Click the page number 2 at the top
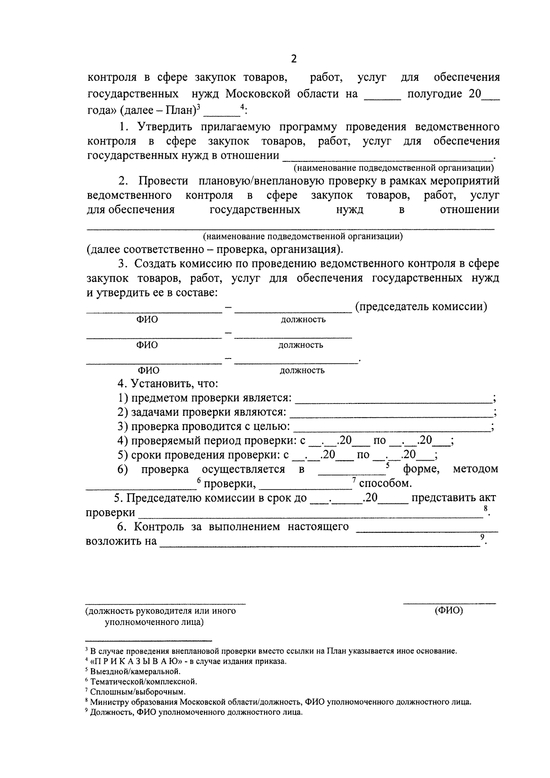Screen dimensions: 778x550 coord(294,59)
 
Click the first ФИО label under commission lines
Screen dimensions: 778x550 coord(147,320)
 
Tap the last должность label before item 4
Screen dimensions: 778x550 coord(302,370)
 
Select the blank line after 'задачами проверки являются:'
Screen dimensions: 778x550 coord(392,413)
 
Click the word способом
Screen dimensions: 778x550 coord(385,484)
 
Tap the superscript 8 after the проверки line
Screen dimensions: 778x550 coord(485,509)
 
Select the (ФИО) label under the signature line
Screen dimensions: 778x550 coord(448,611)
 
